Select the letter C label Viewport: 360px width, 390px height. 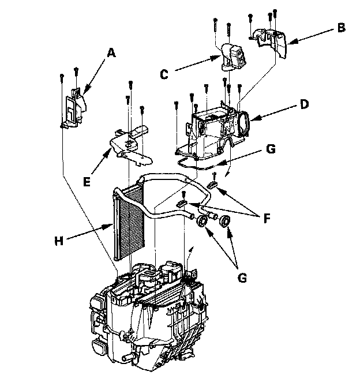164,74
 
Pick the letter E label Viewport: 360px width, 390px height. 87,182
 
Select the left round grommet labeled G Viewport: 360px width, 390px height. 203,222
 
